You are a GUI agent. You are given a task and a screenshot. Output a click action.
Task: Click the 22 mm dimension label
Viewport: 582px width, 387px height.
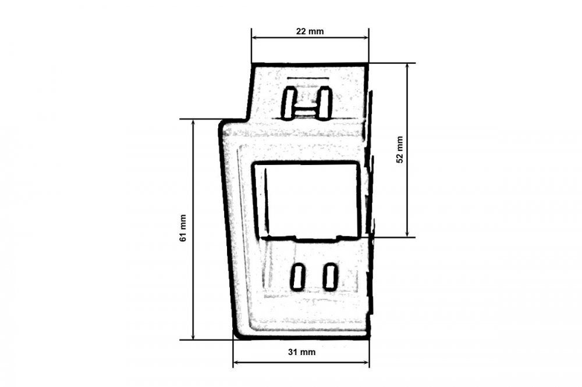(x=310, y=31)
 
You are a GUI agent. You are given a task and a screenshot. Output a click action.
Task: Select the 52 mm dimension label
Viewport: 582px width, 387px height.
(x=400, y=150)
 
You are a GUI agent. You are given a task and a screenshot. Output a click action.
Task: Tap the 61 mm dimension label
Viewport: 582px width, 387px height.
(x=183, y=228)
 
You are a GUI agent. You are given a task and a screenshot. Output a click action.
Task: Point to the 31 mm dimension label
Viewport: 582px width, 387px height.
(x=301, y=352)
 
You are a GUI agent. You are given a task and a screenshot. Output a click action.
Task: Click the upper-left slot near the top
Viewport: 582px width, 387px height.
(x=289, y=103)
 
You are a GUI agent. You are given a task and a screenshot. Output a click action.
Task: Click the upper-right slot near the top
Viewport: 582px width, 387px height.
(x=324, y=103)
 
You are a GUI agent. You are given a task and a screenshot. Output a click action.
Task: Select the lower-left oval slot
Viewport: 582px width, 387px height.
(x=297, y=277)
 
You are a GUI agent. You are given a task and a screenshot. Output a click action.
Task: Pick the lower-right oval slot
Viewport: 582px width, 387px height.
(x=330, y=277)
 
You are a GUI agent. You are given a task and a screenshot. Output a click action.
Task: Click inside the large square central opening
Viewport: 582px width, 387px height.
(x=307, y=200)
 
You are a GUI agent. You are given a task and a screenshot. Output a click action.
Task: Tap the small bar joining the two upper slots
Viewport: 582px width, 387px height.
(x=307, y=110)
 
